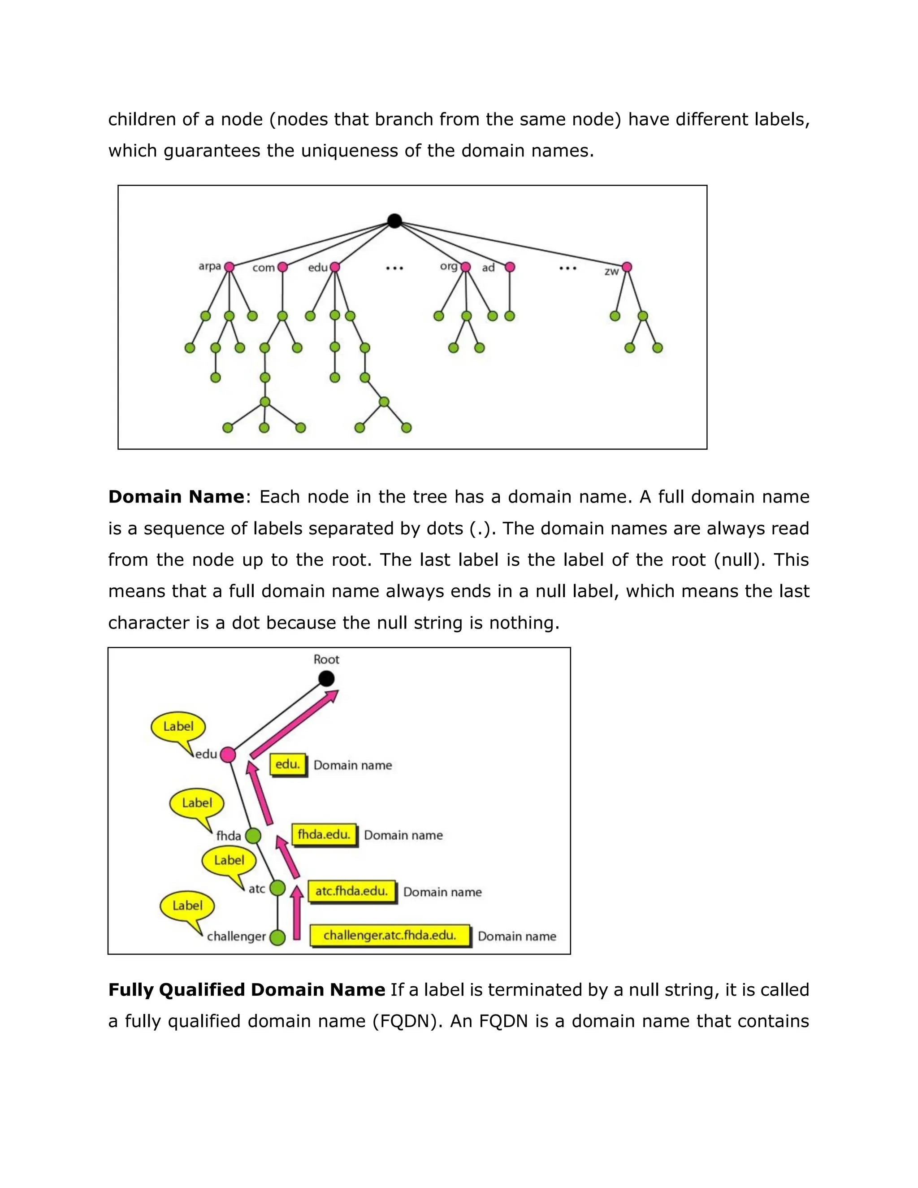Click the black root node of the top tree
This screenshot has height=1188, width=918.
(395, 221)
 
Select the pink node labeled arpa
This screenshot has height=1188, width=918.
(229, 267)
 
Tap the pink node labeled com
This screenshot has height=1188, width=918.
(282, 267)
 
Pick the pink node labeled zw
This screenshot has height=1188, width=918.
(627, 267)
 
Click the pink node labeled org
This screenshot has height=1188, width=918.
(466, 267)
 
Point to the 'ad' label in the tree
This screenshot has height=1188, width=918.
(489, 268)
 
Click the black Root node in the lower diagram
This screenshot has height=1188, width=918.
(326, 679)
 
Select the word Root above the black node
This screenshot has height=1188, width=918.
(326, 660)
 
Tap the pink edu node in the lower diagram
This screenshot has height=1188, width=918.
(228, 754)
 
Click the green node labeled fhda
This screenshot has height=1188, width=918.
(253, 836)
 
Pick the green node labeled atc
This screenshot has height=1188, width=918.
(277, 888)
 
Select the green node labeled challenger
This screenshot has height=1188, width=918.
(277, 937)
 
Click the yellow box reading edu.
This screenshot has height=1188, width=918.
(288, 765)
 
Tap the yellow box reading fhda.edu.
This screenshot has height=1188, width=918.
(324, 834)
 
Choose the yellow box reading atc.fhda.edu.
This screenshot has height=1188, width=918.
(352, 892)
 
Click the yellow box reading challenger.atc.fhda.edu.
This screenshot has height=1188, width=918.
(390, 936)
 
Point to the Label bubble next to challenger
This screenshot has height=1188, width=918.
(187, 906)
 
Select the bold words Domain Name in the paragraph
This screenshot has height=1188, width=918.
(176, 497)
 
